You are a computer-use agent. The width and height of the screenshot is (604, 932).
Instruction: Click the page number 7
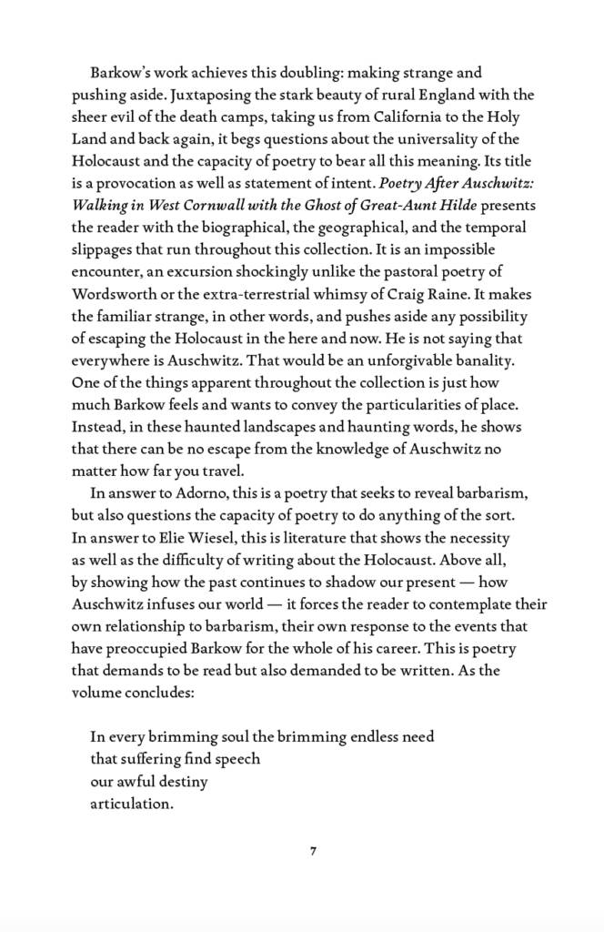pos(313,851)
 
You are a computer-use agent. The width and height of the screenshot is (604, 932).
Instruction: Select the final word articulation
pos(131,804)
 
